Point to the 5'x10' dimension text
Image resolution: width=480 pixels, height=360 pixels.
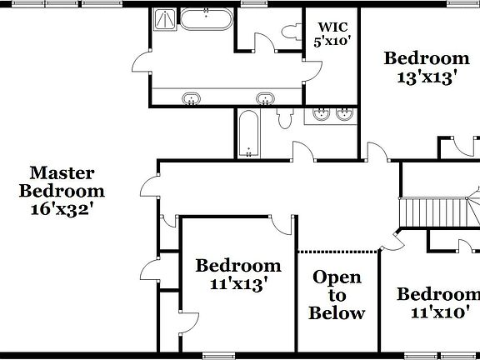[x=331, y=40]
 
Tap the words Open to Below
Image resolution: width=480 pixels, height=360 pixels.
[x=337, y=295]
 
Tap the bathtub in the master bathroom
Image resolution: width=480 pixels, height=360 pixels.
[x=205, y=19]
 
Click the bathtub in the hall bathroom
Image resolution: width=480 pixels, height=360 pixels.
[x=248, y=133]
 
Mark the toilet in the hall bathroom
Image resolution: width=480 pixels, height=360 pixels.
[x=284, y=119]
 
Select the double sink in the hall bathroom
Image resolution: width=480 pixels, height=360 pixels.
[x=332, y=114]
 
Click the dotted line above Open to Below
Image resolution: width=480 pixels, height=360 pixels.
[x=338, y=251]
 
